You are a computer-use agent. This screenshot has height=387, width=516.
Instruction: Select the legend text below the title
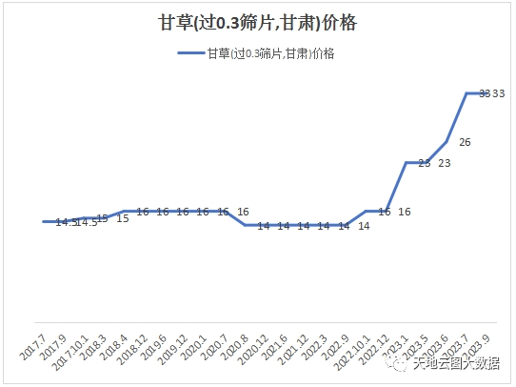[x=270, y=53]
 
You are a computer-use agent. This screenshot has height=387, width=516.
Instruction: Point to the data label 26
[x=465, y=142]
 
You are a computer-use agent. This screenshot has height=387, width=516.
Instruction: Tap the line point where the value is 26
[x=447, y=141]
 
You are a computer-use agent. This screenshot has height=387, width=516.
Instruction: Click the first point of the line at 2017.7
[x=45, y=221]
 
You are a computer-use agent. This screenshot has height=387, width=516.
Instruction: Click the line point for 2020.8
[x=245, y=225]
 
